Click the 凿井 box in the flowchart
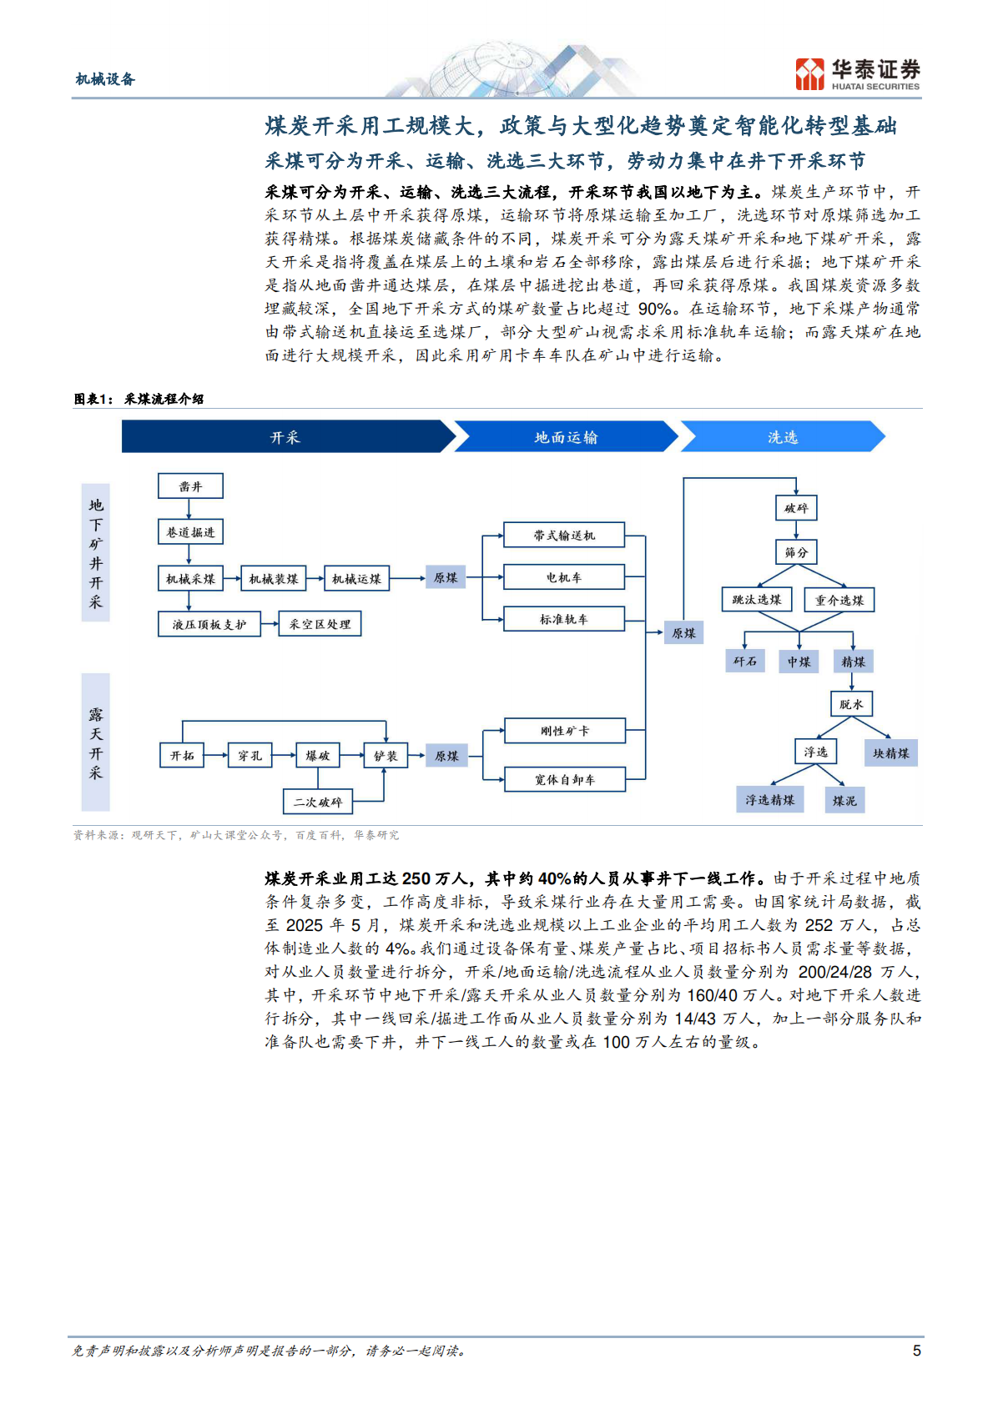(x=190, y=486)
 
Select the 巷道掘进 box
(x=190, y=532)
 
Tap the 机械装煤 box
(x=274, y=578)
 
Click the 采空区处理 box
(x=320, y=624)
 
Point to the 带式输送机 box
(x=564, y=536)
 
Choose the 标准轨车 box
(x=564, y=619)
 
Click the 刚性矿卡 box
(x=564, y=731)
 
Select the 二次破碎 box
(x=317, y=802)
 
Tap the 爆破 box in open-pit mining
(x=317, y=756)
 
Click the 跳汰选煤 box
(x=756, y=600)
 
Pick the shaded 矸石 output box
(x=744, y=662)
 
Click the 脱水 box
(x=851, y=704)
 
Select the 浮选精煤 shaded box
(x=769, y=800)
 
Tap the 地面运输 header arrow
(x=566, y=437)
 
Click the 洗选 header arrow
(x=782, y=437)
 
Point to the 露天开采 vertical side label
(x=96, y=742)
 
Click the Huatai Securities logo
(x=858, y=74)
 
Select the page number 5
(x=916, y=1351)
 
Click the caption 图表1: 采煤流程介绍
(x=139, y=399)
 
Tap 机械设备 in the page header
(x=105, y=79)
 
